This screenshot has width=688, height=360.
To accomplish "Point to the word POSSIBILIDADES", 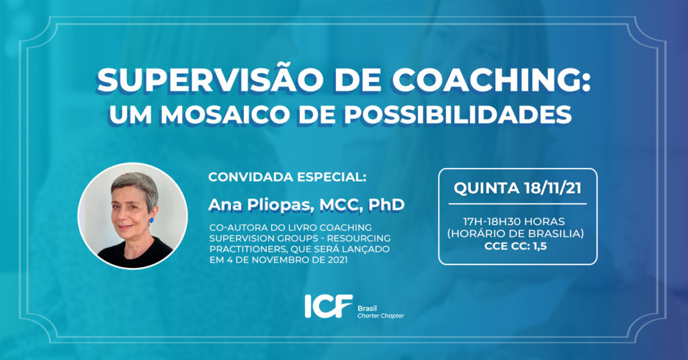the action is [x=458, y=114].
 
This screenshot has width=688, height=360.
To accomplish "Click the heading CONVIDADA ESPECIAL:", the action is [x=287, y=177].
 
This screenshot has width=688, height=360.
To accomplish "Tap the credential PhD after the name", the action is [x=386, y=204].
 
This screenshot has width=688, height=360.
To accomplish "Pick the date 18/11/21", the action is [x=553, y=188].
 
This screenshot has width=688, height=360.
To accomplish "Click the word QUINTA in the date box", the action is [x=486, y=189].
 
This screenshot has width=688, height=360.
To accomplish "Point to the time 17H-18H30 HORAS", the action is [x=514, y=222].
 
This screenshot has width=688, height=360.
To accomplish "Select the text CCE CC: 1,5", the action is [x=515, y=246].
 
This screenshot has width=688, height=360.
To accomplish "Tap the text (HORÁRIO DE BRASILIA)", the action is [x=515, y=234].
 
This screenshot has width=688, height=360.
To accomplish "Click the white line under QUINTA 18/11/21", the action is [x=518, y=204].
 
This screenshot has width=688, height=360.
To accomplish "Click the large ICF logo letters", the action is [x=329, y=306].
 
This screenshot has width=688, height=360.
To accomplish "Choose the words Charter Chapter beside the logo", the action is [x=380, y=316].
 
